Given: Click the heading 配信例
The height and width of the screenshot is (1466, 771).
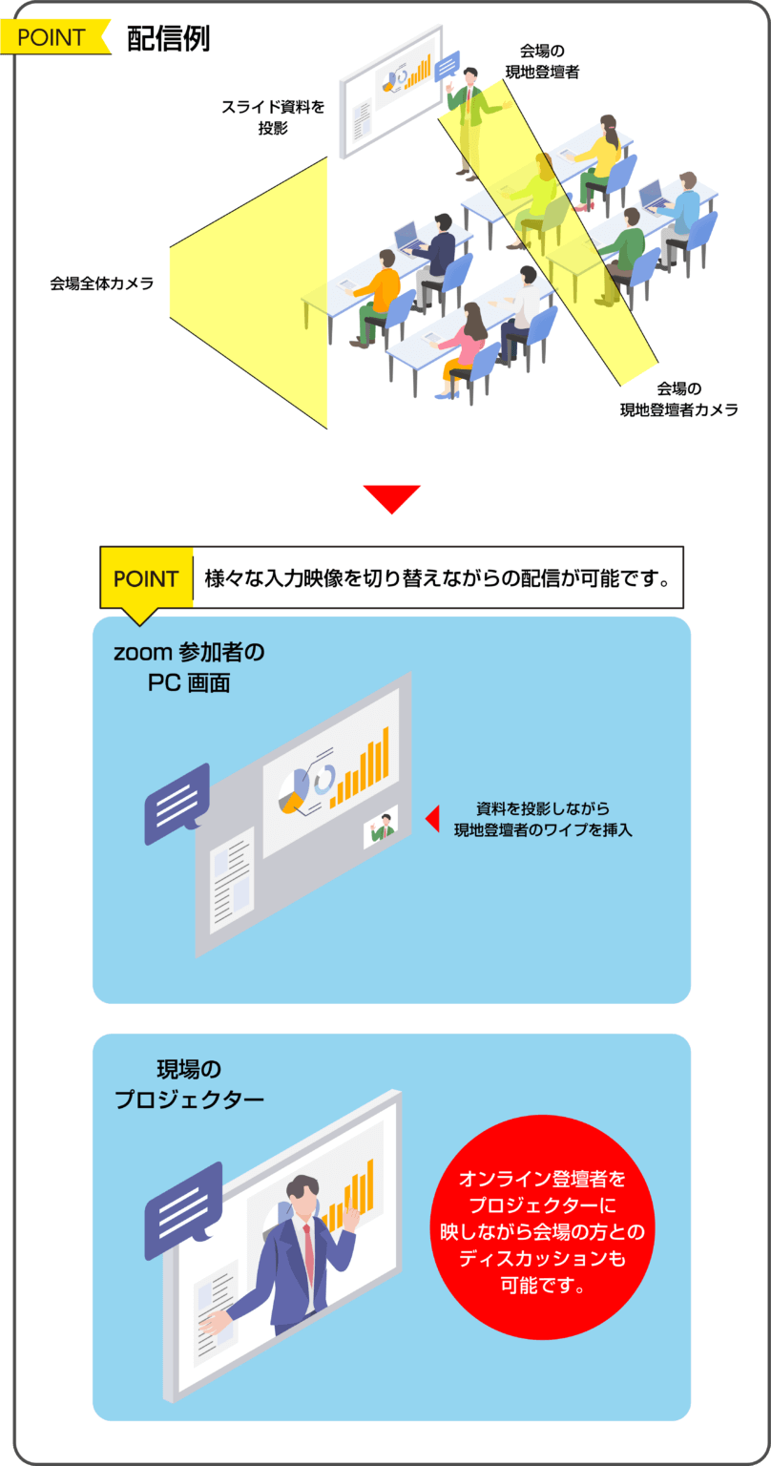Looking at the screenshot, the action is (x=168, y=38).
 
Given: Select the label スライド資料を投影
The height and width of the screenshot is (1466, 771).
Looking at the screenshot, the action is (x=273, y=117).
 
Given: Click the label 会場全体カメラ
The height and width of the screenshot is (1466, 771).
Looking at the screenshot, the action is (x=101, y=283).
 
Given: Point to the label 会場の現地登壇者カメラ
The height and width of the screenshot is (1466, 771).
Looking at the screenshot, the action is (x=678, y=399).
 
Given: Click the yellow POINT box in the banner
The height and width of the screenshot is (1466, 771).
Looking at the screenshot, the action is (x=147, y=578).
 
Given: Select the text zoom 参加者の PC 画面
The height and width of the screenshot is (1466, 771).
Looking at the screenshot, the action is (x=189, y=667).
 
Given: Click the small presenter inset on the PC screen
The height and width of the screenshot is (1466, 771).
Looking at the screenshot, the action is (x=381, y=827).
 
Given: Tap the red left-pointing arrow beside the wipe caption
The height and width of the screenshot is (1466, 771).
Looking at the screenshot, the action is (x=432, y=819).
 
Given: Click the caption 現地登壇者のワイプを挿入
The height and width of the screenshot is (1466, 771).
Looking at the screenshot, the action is (x=543, y=829).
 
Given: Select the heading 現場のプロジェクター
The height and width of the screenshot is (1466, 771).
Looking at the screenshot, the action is (x=189, y=1084).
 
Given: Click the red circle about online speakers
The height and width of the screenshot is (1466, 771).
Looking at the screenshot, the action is (x=543, y=1227).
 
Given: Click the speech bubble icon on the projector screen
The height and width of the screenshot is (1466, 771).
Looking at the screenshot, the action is (x=183, y=1211).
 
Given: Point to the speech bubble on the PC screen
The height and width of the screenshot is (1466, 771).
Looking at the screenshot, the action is (x=177, y=804).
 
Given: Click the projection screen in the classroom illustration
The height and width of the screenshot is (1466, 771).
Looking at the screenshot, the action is (x=391, y=92).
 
